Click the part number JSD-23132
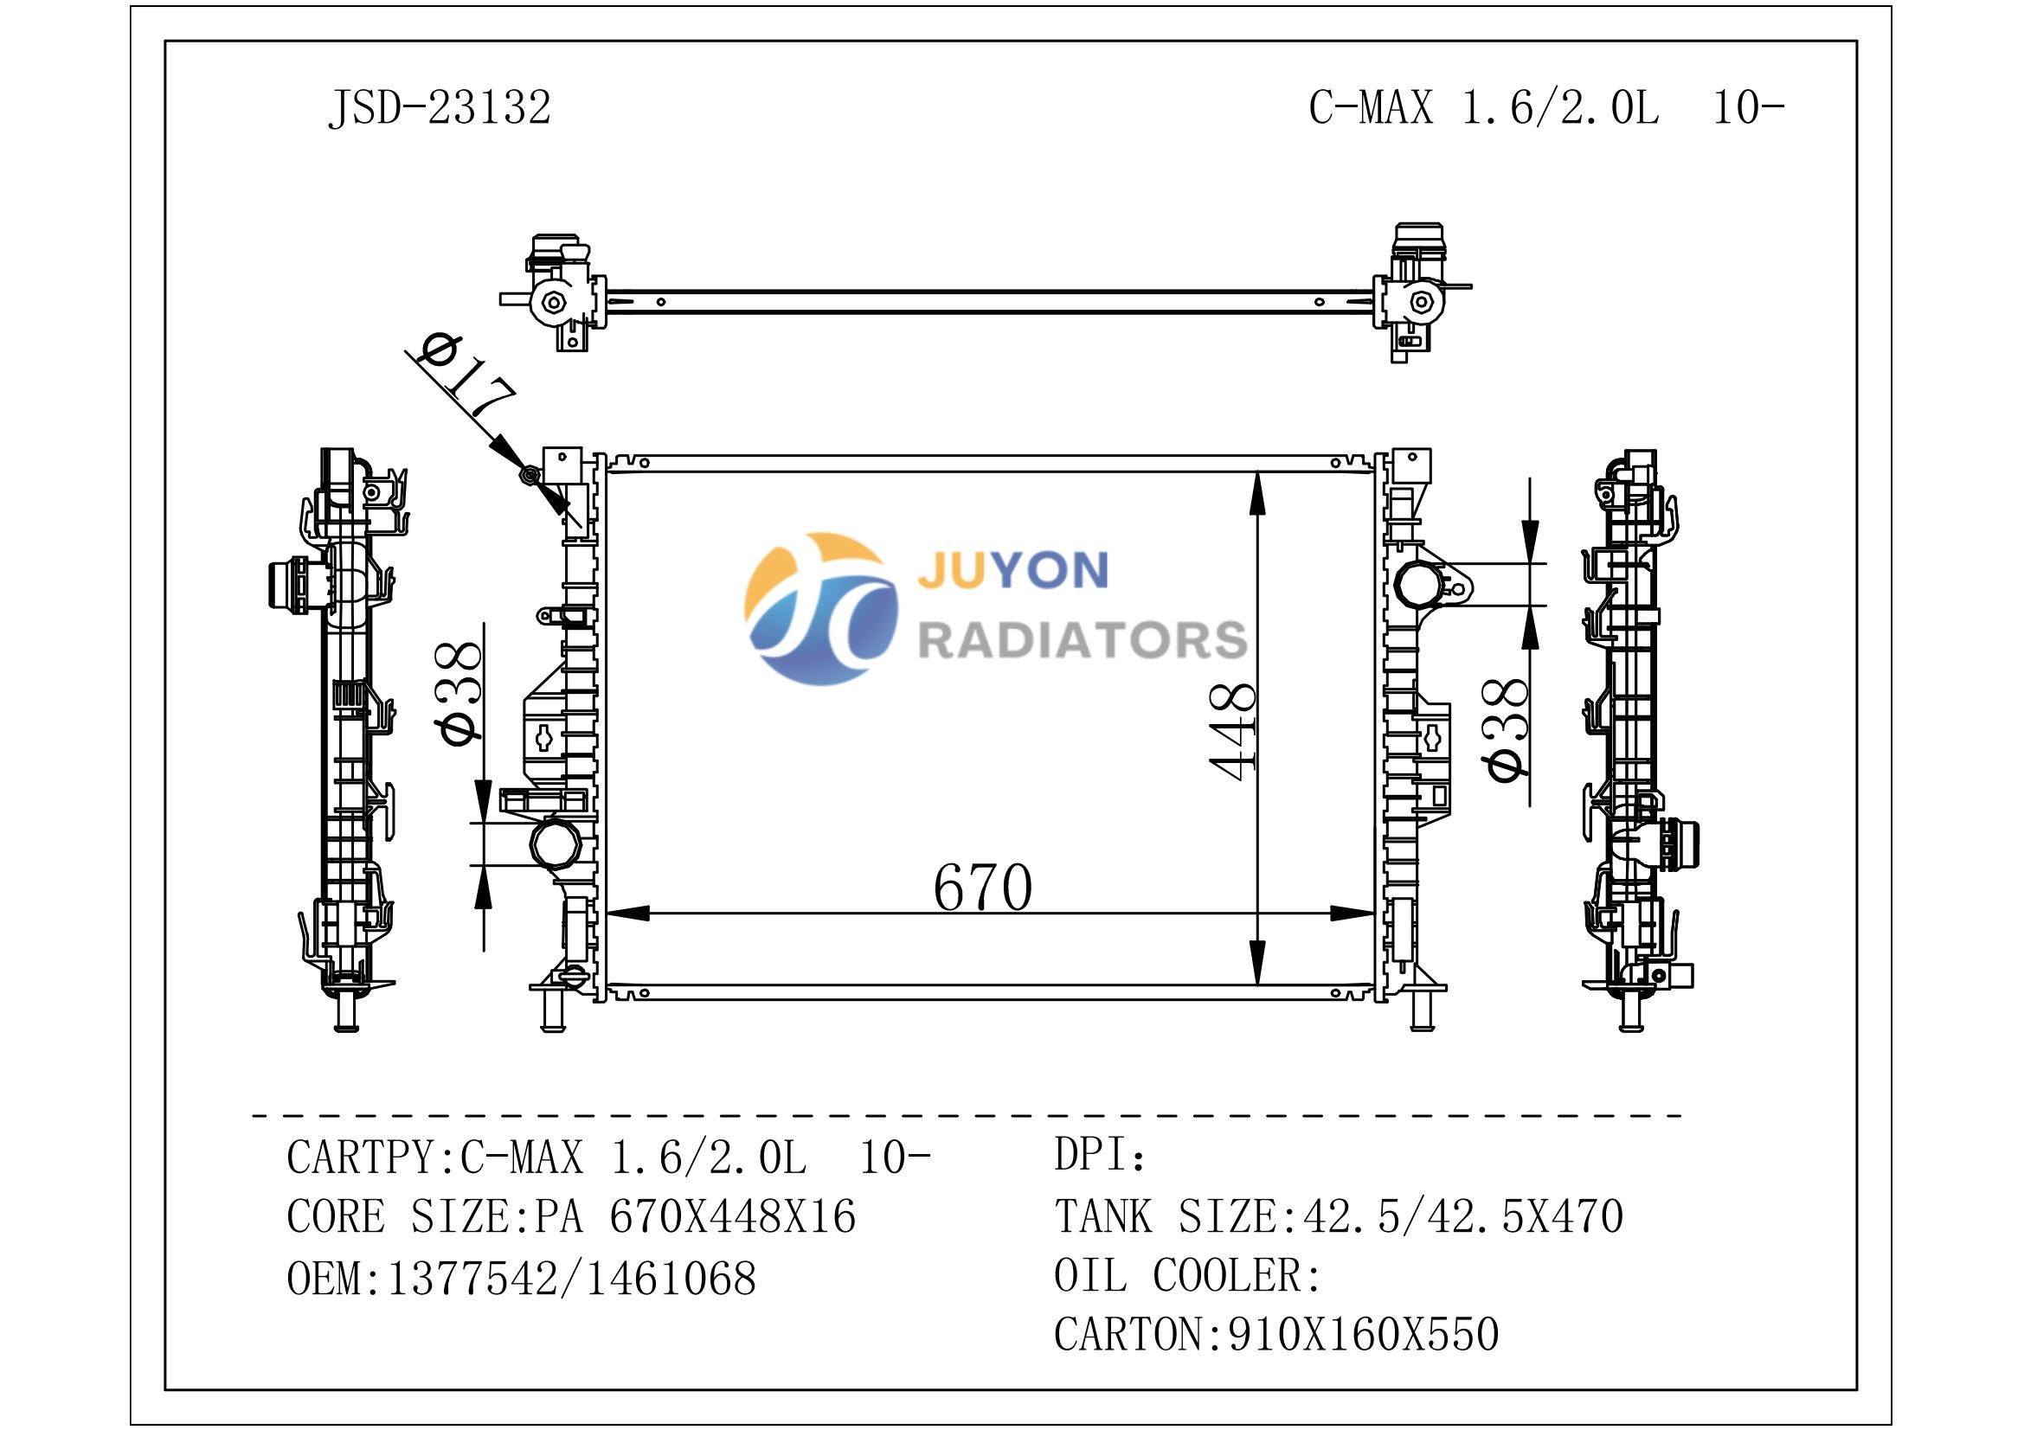coord(439,108)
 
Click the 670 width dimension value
coord(982,887)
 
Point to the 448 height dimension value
coord(1233,731)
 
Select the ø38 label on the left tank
coord(459,693)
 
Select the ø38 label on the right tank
coord(1507,728)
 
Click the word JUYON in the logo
coord(1013,570)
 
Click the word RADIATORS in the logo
coord(1083,639)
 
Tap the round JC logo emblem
coord(820,608)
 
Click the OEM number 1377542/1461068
coord(571,1279)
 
